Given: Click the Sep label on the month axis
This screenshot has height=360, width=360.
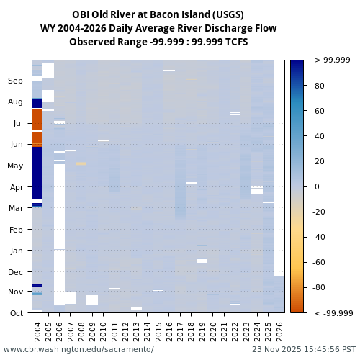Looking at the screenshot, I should (x=16, y=81).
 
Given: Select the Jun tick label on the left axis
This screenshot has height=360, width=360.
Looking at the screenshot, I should (x=16, y=145).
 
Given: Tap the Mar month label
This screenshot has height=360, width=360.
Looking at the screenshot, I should (x=16, y=209).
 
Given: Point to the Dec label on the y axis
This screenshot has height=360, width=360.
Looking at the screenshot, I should (x=16, y=272).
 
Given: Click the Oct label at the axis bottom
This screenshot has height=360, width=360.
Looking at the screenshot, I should (x=16, y=313).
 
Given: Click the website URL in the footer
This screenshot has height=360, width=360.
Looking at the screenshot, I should (x=78, y=349).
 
